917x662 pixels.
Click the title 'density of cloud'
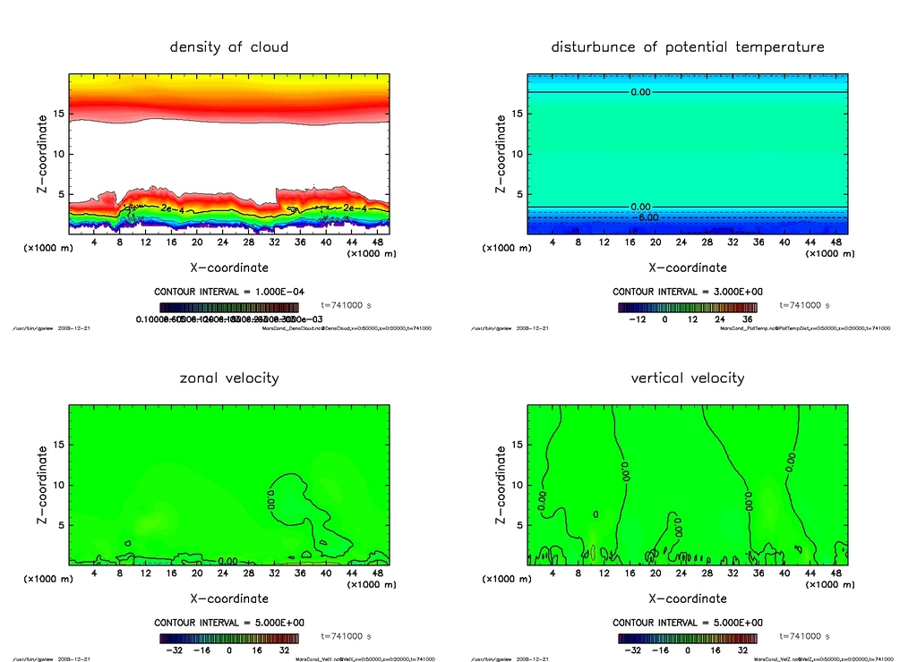[229, 47]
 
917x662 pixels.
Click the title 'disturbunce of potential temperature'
[688, 47]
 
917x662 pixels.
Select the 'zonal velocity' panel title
[229, 378]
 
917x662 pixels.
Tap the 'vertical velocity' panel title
[688, 378]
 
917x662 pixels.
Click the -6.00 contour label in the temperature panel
[646, 217]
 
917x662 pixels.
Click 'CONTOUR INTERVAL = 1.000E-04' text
[229, 292]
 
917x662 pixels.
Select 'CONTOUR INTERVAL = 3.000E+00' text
[688, 292]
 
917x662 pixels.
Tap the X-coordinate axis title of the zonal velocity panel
[229, 598]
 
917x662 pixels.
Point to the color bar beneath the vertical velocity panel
[688, 639]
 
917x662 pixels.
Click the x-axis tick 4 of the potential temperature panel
[553, 242]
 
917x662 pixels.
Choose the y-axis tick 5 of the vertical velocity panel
[515, 525]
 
